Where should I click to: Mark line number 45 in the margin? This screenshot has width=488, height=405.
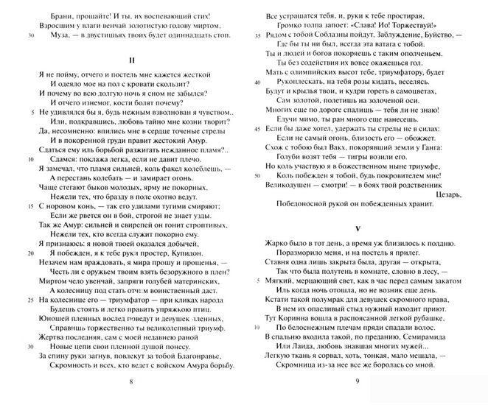(255, 128)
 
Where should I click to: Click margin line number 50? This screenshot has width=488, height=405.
(255, 177)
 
